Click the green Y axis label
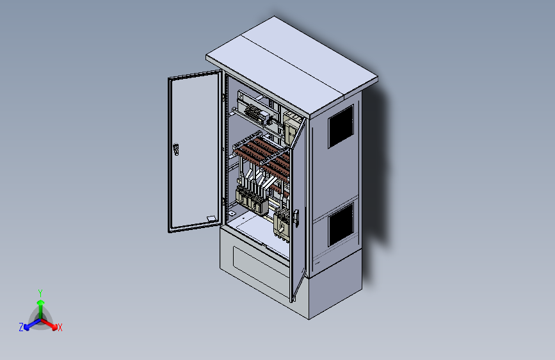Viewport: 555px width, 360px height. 40,293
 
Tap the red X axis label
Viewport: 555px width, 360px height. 60,327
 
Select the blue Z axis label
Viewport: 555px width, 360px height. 21,327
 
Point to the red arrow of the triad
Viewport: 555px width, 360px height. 49,324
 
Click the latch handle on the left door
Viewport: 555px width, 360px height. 176,149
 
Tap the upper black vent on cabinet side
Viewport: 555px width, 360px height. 341,126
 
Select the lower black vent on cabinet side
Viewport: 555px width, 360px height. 341,225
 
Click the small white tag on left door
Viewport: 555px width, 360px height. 211,218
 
